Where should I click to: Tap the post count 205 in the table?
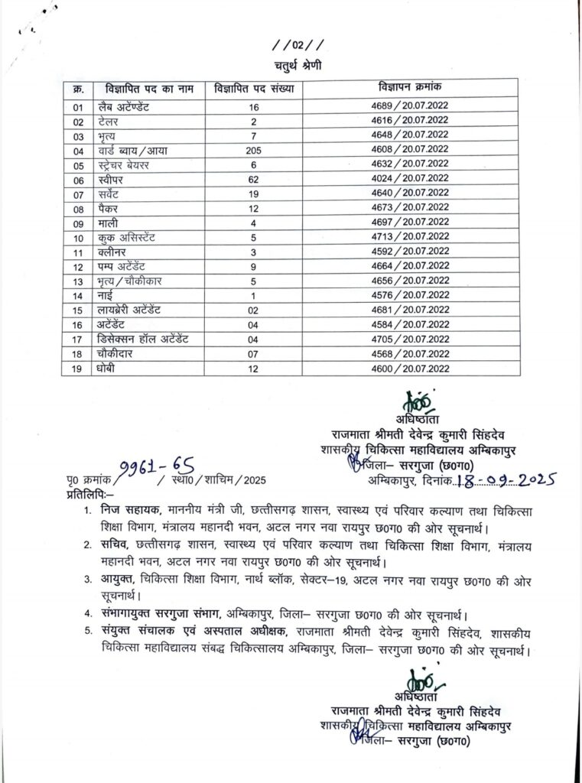click(x=254, y=151)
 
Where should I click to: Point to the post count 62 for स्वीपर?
click(x=254, y=179)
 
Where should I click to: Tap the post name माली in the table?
click(x=109, y=223)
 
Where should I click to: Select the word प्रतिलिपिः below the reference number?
click(x=88, y=495)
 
